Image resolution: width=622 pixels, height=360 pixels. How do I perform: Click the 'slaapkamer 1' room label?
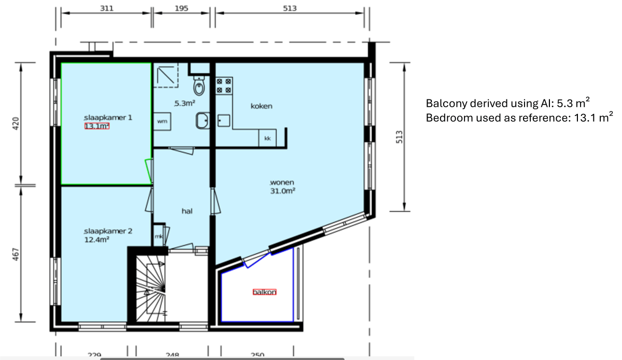(x=108, y=118)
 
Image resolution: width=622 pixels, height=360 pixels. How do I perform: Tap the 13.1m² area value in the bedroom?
(x=97, y=126)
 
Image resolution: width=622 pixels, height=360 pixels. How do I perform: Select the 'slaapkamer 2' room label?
(x=108, y=231)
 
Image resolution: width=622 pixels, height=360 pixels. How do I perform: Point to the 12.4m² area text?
(x=96, y=240)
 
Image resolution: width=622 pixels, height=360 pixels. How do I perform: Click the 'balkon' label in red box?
(x=264, y=292)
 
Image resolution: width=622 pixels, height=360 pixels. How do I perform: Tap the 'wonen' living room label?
(x=282, y=182)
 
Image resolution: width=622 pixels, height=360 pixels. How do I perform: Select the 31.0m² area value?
(x=282, y=191)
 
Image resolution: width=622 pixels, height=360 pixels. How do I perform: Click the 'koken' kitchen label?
(x=261, y=106)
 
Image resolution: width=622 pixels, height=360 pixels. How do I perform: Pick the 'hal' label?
(x=187, y=211)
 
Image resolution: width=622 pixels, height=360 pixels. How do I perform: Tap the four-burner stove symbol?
(x=224, y=85)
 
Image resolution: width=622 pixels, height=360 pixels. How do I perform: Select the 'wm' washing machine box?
(x=162, y=121)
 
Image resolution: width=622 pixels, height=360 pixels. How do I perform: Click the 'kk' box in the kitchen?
(x=267, y=139)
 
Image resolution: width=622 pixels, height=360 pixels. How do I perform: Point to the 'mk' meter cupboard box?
(x=158, y=236)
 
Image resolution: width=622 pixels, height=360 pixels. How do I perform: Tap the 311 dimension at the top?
(x=106, y=8)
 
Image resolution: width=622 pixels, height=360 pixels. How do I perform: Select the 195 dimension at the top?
(x=181, y=8)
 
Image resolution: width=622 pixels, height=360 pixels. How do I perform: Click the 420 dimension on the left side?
(x=16, y=123)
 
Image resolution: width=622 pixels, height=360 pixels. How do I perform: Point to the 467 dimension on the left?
(x=16, y=255)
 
